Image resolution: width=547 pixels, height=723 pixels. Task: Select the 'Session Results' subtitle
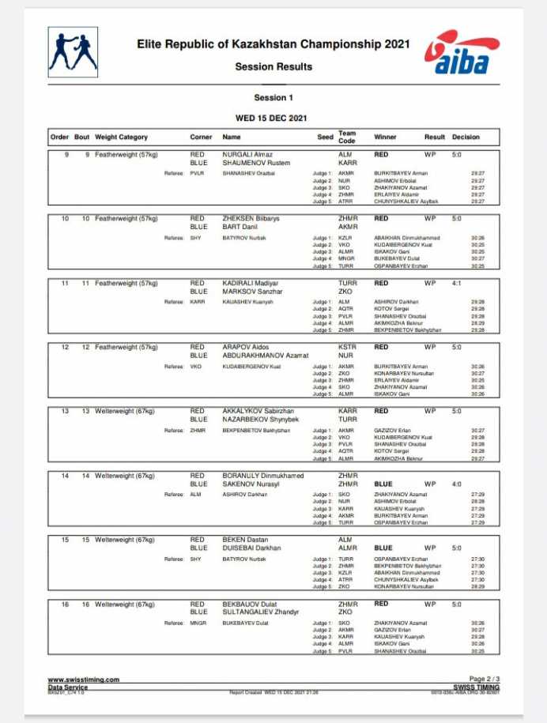tap(273, 67)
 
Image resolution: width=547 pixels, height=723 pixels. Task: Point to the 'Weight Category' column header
tap(121, 137)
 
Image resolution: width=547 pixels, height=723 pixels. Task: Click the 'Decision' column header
tap(466, 137)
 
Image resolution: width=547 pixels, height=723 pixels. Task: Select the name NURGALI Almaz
tap(247, 154)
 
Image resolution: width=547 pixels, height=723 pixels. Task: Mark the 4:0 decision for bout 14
tap(457, 484)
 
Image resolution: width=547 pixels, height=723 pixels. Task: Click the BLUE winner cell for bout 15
tap(383, 548)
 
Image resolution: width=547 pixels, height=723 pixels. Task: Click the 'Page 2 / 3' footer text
tap(484, 680)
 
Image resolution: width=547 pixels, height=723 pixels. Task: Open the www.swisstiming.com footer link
tap(83, 680)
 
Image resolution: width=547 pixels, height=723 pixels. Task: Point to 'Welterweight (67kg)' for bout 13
tap(125, 411)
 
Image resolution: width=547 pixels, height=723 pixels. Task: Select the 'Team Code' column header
tap(347, 137)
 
